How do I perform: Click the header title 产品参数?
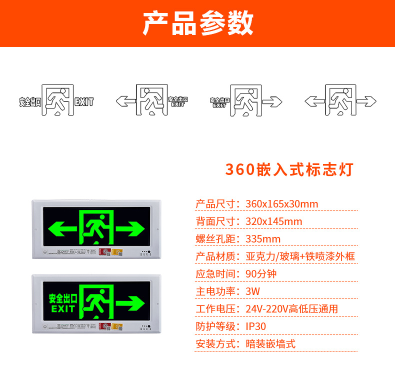[x=197, y=23]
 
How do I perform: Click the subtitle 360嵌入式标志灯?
[x=289, y=169]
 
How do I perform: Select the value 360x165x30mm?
[x=282, y=204]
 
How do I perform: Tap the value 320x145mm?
[x=274, y=221]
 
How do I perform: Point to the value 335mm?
[x=263, y=239]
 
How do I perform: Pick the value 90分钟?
[x=261, y=274]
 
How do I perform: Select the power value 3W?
[x=253, y=291]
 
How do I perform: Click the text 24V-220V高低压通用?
[x=292, y=309]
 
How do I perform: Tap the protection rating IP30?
[x=256, y=326]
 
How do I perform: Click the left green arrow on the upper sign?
[x=62, y=229]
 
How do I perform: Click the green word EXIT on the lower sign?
[x=62, y=308]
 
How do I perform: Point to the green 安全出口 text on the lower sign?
[x=62, y=298]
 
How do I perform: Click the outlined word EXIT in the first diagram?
[x=84, y=102]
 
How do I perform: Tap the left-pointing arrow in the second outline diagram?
[x=125, y=100]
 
